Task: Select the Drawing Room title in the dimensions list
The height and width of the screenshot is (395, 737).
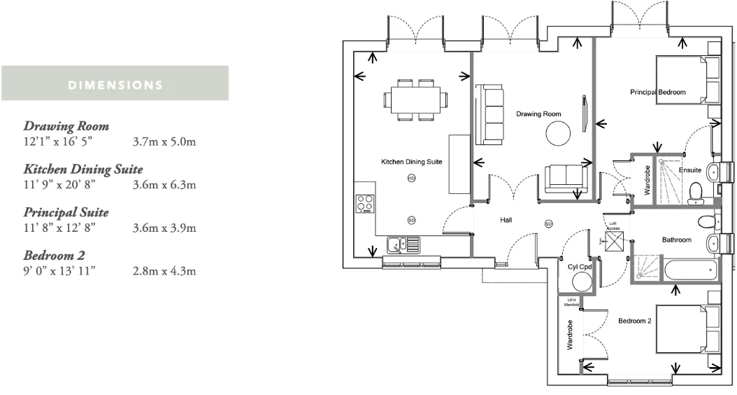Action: (x=66, y=127)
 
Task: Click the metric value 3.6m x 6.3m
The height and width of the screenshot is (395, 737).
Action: (x=164, y=185)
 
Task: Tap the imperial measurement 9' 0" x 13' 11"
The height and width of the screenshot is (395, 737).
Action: (x=59, y=270)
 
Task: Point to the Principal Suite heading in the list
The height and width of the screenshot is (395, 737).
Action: (x=66, y=212)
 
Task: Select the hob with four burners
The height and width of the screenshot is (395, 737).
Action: (x=365, y=203)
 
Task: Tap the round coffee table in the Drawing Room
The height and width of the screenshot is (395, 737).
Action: (x=559, y=133)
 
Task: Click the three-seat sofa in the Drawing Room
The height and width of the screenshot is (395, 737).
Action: (x=489, y=114)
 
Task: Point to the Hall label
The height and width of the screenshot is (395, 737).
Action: (x=506, y=220)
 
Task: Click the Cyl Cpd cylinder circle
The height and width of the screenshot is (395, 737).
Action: (x=582, y=282)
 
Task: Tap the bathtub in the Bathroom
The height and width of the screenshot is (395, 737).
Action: (x=689, y=270)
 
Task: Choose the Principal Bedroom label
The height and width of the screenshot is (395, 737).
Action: (x=657, y=92)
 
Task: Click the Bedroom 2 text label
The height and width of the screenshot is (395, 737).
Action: (x=634, y=321)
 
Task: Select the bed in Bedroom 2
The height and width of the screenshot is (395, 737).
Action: (x=685, y=329)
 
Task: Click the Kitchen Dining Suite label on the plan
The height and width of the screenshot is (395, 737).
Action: (x=411, y=162)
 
